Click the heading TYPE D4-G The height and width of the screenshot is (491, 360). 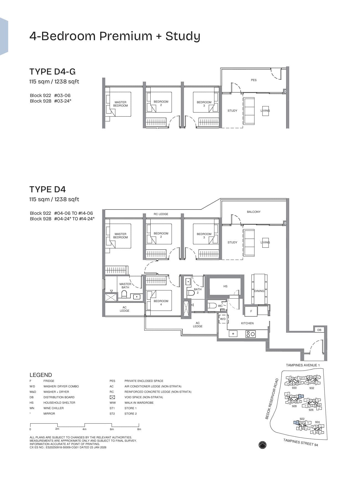[x=53, y=72]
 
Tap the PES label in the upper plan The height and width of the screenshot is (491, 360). [x=254, y=80]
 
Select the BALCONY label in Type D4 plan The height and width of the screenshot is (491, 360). [x=254, y=212]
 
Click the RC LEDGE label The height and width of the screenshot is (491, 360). [x=161, y=214]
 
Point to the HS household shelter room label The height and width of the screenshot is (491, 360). [x=225, y=286]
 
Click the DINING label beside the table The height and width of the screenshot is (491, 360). [x=259, y=291]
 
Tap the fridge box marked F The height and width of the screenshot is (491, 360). [x=251, y=311]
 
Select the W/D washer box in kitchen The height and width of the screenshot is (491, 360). [x=223, y=319]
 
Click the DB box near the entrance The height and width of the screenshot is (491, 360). [x=319, y=330]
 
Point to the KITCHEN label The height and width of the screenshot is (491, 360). [x=247, y=323]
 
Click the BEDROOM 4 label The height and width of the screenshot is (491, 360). [x=161, y=303]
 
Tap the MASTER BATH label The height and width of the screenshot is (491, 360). [x=125, y=285]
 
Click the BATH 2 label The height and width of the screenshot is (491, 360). [x=198, y=291]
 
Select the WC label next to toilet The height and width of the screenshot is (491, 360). [x=220, y=306]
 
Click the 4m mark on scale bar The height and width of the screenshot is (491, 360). [x=84, y=429]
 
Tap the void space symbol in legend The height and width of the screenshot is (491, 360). [x=112, y=397]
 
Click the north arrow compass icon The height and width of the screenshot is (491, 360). [x=262, y=445]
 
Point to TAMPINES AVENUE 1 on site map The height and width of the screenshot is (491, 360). [x=303, y=365]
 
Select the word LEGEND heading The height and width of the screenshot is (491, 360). [x=41, y=375]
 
